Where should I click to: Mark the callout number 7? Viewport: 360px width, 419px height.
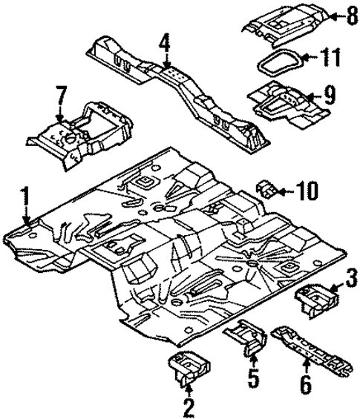pos(61,97)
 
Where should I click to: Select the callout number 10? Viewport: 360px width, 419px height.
pos(308,192)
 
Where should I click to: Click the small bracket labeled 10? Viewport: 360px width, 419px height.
pos(266,190)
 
